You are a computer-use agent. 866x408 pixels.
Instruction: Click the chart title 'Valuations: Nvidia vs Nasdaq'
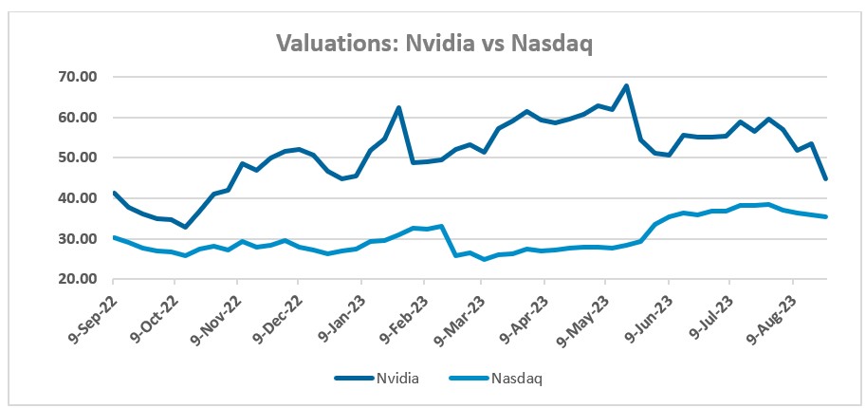point(433,44)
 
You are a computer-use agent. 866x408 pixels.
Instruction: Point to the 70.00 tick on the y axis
point(81,77)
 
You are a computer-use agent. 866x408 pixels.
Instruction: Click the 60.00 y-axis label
point(81,118)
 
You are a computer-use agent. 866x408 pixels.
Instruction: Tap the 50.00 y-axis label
point(81,158)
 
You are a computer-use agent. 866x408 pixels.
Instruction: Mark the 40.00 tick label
point(81,198)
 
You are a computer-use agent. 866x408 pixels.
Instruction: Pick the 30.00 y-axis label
point(81,239)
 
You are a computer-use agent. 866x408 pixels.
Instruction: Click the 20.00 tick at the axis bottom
point(81,280)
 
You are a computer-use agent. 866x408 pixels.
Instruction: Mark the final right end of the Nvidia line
point(826,178)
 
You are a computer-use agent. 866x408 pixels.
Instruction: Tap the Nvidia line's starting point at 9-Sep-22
point(114,193)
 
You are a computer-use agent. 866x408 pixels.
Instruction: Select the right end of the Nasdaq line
point(826,217)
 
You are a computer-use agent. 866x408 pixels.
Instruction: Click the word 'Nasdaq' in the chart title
point(551,44)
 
